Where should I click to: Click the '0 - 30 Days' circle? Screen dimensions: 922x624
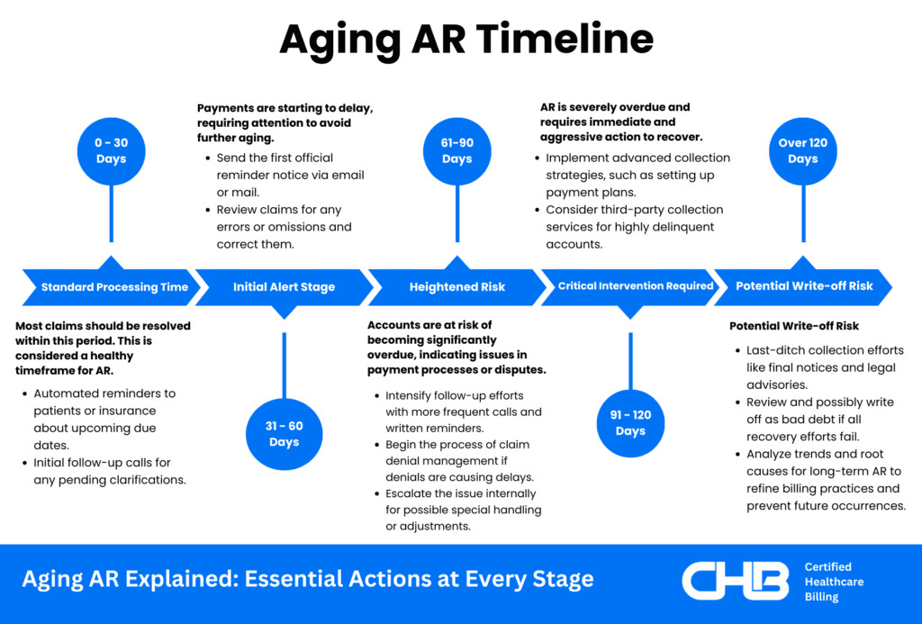coord(111,151)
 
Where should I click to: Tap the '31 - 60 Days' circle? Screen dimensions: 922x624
coord(284,434)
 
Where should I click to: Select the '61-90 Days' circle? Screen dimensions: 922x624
coord(456,151)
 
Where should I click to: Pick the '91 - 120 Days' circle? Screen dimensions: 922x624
coord(630,423)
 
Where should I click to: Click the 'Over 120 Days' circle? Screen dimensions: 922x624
coord(802,151)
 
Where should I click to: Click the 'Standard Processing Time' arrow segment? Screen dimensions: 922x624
coord(112,287)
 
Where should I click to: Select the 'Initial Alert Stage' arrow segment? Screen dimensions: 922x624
coord(284,287)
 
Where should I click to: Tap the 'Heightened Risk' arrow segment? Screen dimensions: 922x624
coord(456,287)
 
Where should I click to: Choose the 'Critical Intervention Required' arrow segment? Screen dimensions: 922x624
coord(630,287)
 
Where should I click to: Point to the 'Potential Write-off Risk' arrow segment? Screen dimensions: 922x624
coord(803,287)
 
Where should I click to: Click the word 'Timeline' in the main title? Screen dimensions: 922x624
coord(565,39)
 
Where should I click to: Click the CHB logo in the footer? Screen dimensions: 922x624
coord(735,581)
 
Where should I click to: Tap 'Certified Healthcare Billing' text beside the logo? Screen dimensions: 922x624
coord(834,582)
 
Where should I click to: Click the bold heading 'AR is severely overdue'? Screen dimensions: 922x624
coord(621,122)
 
